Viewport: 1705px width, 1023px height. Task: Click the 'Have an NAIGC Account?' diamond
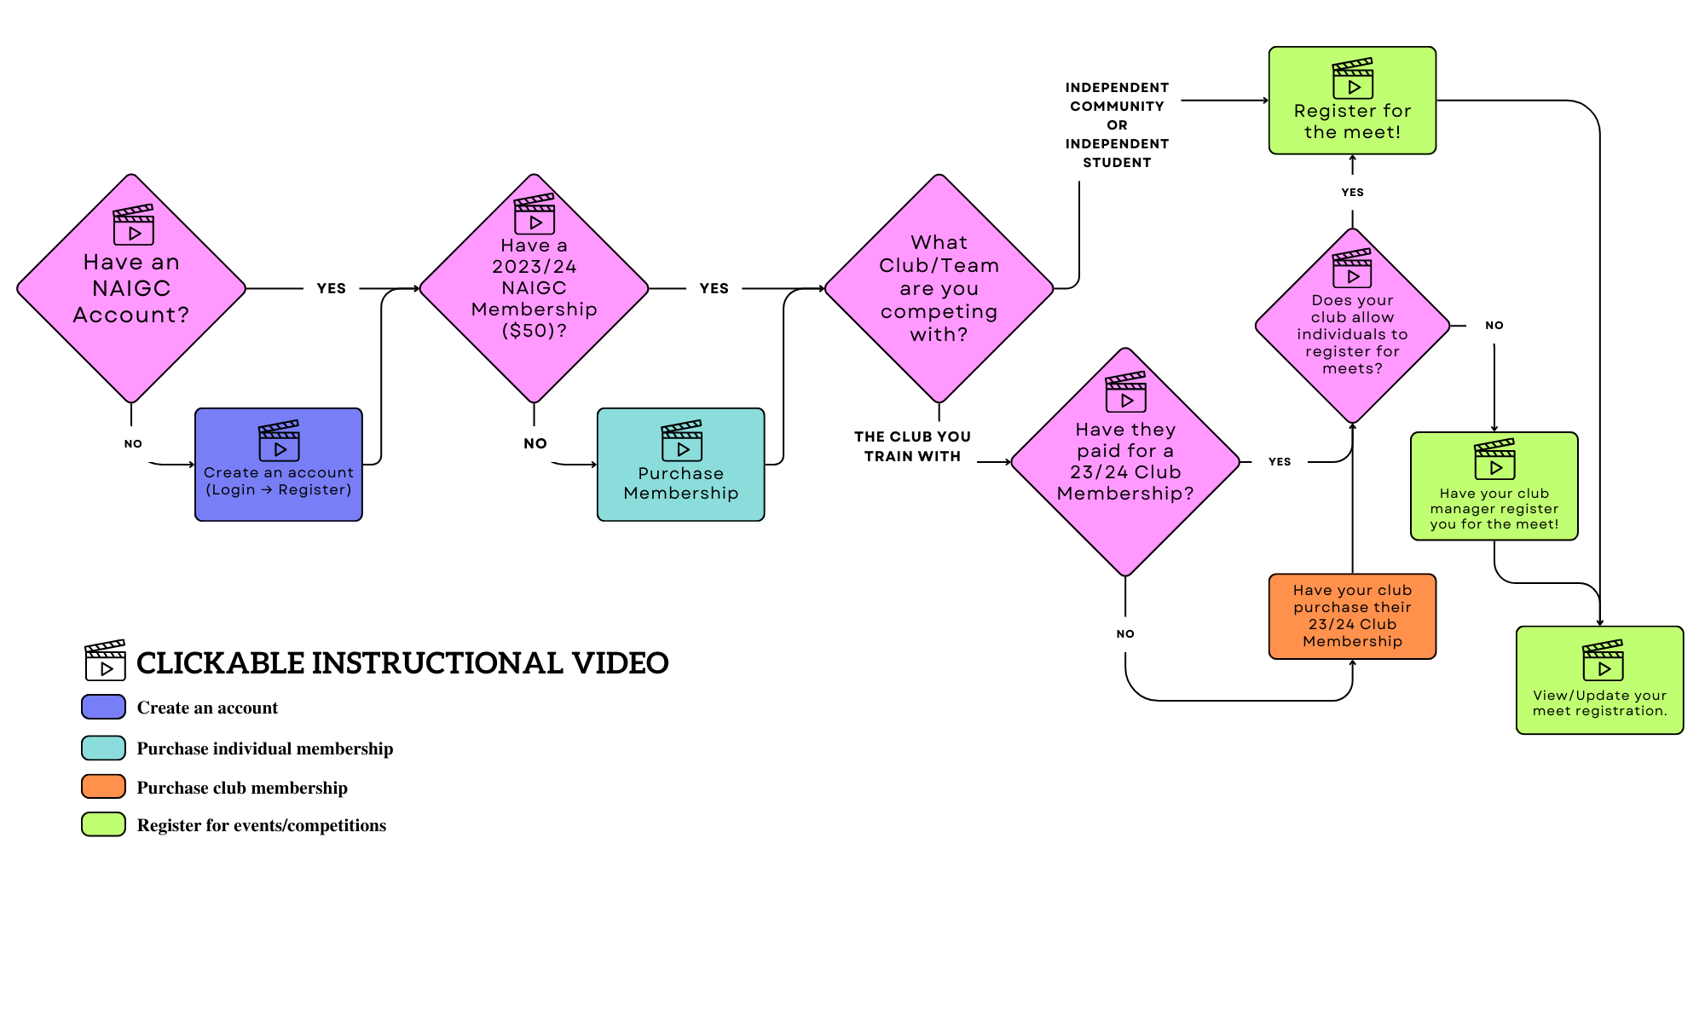click(131, 288)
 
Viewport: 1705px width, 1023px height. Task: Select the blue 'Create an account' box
click(279, 465)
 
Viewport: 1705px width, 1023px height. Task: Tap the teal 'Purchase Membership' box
click(680, 465)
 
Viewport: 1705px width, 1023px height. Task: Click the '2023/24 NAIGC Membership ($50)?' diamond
click(534, 288)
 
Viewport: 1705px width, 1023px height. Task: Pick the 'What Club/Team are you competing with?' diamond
click(939, 288)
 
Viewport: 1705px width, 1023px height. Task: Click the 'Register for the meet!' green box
click(1352, 101)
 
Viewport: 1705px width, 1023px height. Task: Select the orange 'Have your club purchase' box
click(1352, 616)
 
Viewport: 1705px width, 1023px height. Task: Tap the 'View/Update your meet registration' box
click(1599, 680)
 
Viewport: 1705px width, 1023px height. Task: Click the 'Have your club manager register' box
click(1494, 487)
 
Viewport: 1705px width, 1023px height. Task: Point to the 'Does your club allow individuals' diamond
click(1352, 326)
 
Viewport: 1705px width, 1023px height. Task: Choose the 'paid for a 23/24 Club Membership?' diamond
click(1125, 462)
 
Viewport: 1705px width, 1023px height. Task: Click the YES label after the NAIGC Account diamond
click(332, 289)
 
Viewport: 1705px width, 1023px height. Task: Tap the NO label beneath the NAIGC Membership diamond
click(535, 443)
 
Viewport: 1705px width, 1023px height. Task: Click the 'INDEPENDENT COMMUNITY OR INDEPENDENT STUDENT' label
click(1117, 125)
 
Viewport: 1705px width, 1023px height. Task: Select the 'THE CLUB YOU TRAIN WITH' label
click(912, 447)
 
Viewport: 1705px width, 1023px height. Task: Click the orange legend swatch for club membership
click(103, 787)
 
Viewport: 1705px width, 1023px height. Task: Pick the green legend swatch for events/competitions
click(103, 824)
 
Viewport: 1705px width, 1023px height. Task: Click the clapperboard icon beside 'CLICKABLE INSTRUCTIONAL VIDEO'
click(105, 661)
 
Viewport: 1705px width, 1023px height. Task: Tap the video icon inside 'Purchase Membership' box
click(682, 441)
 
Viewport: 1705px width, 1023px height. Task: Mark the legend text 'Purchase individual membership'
click(265, 748)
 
